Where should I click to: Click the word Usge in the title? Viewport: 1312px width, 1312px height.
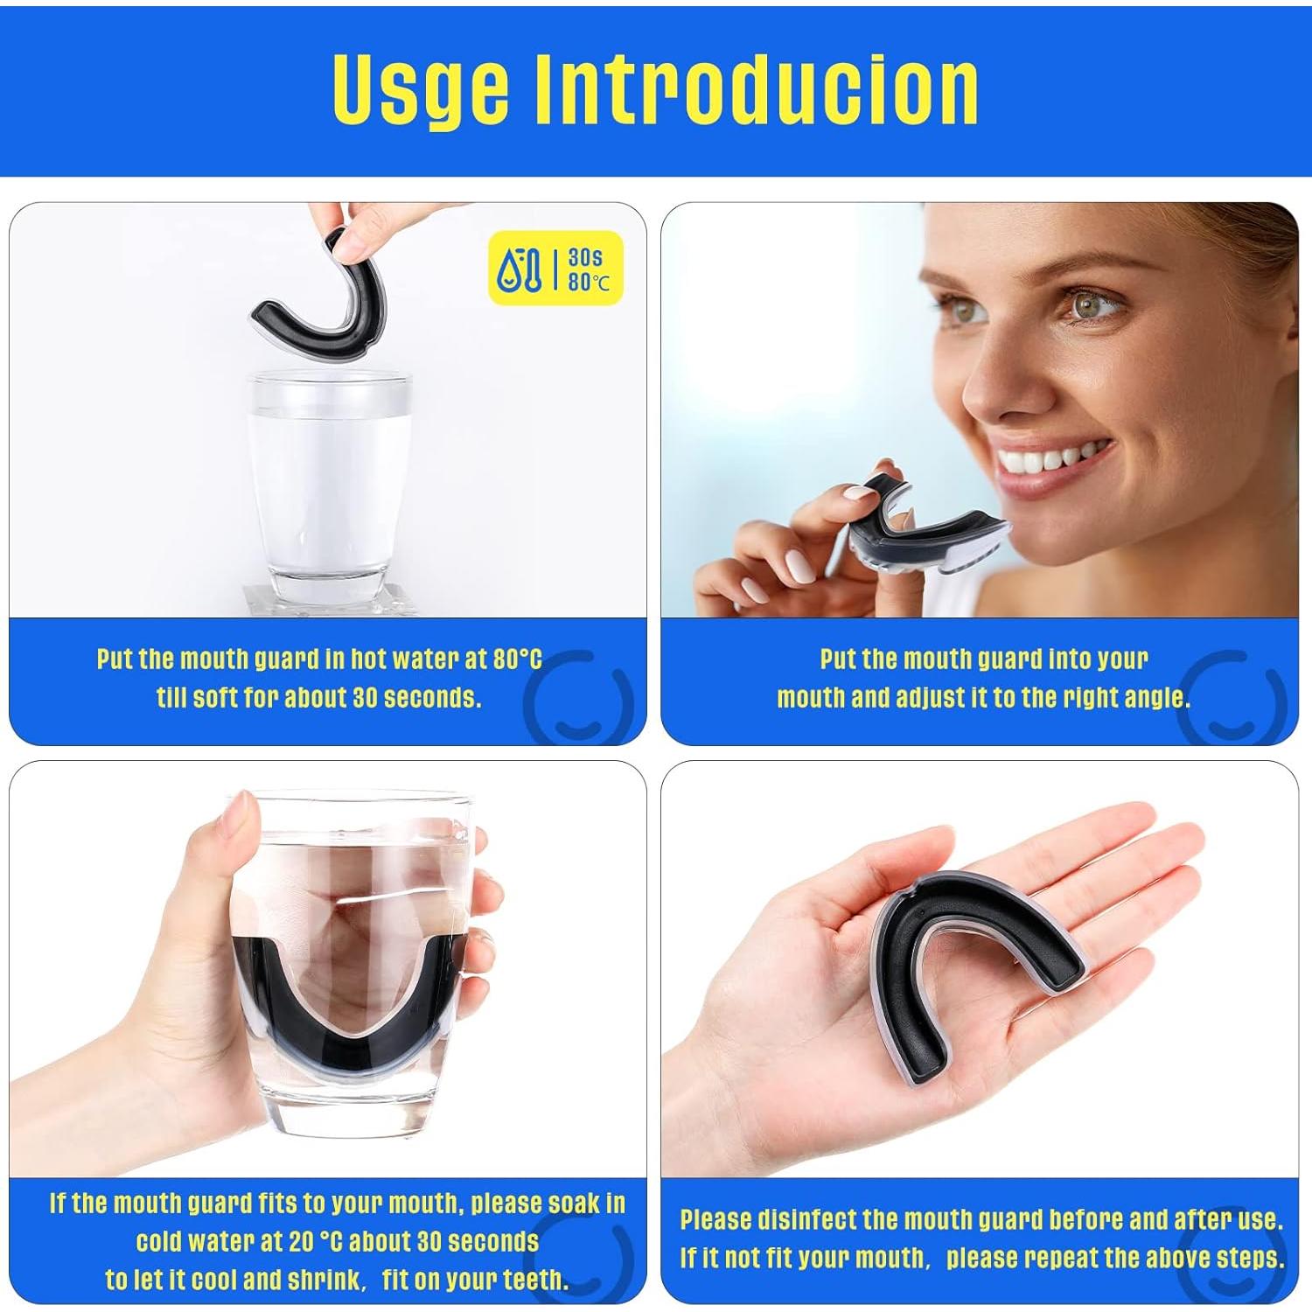point(420,89)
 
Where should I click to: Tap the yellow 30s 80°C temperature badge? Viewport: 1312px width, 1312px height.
point(555,268)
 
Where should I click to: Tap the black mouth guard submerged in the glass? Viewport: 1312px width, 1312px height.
point(350,1015)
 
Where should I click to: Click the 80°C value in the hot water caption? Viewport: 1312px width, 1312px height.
point(517,659)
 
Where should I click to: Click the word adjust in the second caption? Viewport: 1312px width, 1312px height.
point(932,697)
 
